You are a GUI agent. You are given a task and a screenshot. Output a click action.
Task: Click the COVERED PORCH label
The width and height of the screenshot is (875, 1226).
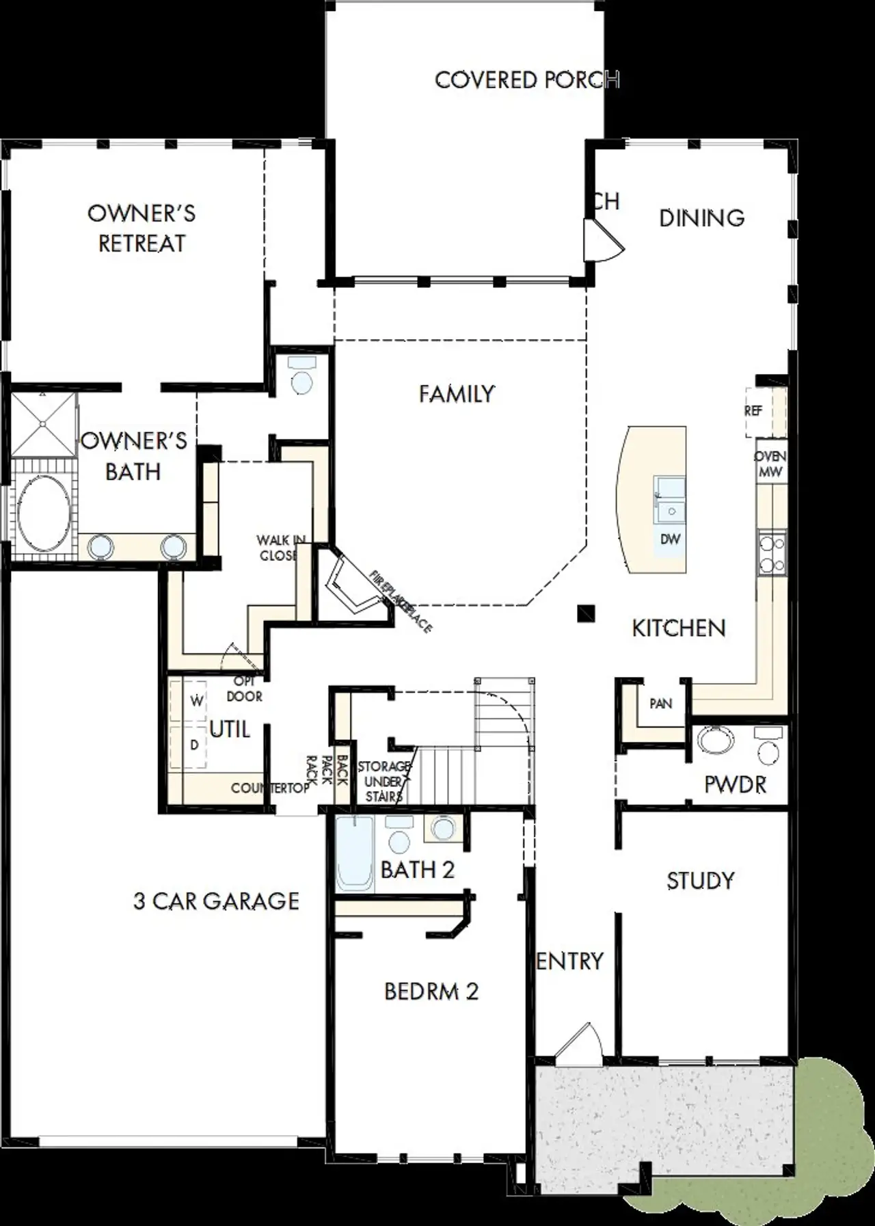[526, 80]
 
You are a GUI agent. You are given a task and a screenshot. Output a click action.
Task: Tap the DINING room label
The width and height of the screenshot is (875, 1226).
[701, 218]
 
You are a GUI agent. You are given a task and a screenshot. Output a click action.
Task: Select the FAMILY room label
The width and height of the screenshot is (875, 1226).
[456, 394]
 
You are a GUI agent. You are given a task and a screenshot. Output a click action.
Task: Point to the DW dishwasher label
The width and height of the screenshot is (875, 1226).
[670, 539]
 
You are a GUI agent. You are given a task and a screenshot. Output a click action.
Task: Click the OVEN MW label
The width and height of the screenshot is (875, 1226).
[770, 464]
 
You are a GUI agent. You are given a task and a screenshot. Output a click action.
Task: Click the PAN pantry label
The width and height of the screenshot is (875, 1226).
[660, 704]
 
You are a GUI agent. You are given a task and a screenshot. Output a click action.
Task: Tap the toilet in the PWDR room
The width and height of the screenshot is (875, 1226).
[769, 747]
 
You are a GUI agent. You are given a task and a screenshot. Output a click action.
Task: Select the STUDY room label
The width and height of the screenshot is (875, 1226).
[700, 881]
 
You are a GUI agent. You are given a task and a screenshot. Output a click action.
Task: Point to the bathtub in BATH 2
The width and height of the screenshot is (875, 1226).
[354, 855]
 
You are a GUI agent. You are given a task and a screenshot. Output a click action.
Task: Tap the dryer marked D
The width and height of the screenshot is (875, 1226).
[195, 745]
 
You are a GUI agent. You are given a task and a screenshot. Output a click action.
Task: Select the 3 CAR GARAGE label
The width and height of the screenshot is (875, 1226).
[216, 901]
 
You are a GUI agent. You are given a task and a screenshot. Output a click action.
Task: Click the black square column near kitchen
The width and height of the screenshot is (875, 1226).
[586, 613]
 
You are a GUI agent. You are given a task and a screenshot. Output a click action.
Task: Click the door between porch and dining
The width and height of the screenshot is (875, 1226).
[602, 241]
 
